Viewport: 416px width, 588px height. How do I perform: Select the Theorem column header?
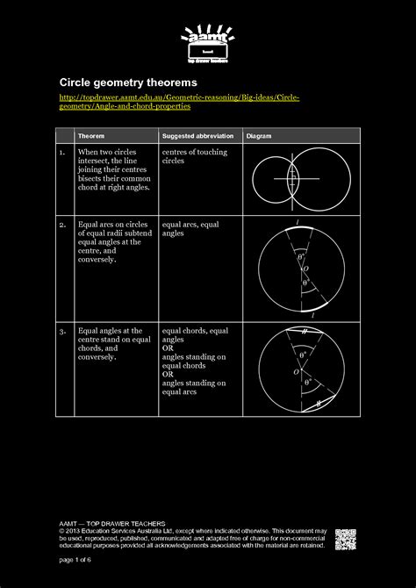point(91,136)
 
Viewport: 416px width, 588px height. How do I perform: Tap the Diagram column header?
point(259,136)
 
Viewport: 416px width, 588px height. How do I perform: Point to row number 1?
point(62,153)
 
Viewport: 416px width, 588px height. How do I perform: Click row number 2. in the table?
point(62,225)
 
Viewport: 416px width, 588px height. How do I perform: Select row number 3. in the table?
point(62,331)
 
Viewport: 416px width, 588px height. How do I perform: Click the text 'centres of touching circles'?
point(194,157)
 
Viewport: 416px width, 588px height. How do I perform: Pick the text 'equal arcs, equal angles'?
point(191,229)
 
